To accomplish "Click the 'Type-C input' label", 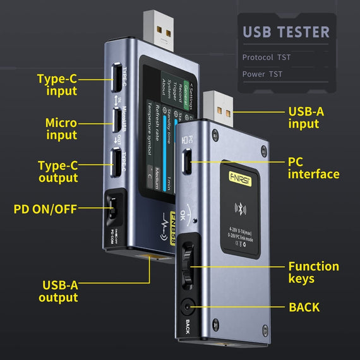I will coord(57,85).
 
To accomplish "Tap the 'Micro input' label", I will coord(61,128).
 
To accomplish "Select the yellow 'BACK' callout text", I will coord(304,308).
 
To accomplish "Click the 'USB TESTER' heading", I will coord(286,32).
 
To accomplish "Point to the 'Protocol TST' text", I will coord(267,57).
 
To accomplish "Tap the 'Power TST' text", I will coord(262,74).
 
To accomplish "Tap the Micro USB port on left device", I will coord(117,118).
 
